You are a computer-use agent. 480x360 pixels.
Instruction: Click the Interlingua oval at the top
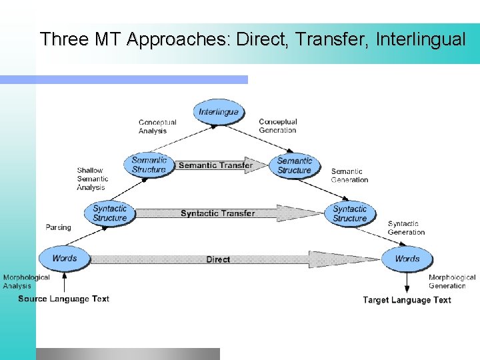click(x=218, y=112)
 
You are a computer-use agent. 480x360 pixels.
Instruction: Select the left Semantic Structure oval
click(x=148, y=165)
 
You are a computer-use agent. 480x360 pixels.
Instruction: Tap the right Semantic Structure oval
click(x=294, y=165)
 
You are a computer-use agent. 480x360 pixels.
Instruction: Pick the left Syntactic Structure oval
click(x=110, y=213)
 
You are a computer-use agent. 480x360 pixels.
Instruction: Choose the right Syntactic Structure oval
click(x=349, y=213)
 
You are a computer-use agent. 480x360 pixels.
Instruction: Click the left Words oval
click(x=65, y=258)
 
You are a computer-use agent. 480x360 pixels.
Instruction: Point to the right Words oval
click(x=407, y=259)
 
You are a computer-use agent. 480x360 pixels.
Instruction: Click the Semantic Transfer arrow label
click(x=215, y=165)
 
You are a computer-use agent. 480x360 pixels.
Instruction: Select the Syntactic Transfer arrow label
click(x=217, y=213)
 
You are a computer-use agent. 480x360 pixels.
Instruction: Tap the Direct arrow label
click(x=218, y=259)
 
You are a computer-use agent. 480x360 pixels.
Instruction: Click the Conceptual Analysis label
click(x=157, y=127)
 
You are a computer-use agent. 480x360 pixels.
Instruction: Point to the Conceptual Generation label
click(x=277, y=126)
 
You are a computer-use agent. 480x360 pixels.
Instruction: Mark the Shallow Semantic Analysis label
click(x=92, y=179)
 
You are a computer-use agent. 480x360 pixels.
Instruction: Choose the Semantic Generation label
click(x=349, y=176)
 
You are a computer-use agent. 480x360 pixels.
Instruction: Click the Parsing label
click(x=58, y=227)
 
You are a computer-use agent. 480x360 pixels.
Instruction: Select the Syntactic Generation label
click(x=406, y=228)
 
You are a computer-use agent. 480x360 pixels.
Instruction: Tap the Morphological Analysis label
click(x=26, y=281)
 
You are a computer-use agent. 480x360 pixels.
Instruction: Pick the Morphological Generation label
click(x=451, y=281)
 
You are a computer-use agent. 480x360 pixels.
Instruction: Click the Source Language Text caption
click(x=64, y=299)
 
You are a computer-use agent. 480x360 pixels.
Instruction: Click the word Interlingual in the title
click(x=420, y=39)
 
